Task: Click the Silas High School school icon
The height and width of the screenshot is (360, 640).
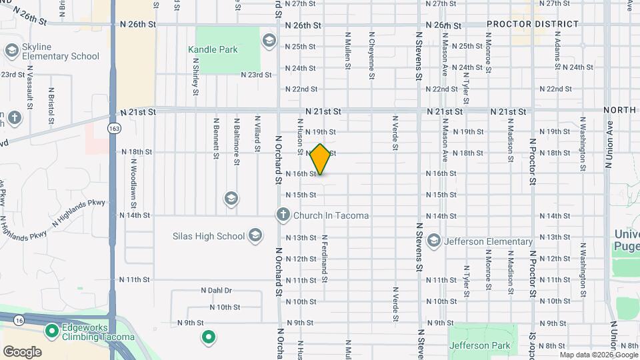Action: coord(255,235)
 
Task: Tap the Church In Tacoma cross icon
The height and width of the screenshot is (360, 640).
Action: coord(283,215)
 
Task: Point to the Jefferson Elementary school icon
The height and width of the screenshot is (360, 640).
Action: coord(434,240)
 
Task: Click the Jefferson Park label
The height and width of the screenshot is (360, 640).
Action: coord(480,345)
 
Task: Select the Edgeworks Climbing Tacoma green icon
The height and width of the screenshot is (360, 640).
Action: coord(51,330)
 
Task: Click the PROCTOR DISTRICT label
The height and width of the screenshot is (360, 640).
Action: coord(533,24)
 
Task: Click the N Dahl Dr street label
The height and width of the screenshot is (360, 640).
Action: coord(216,291)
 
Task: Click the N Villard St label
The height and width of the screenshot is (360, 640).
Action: coord(257,133)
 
